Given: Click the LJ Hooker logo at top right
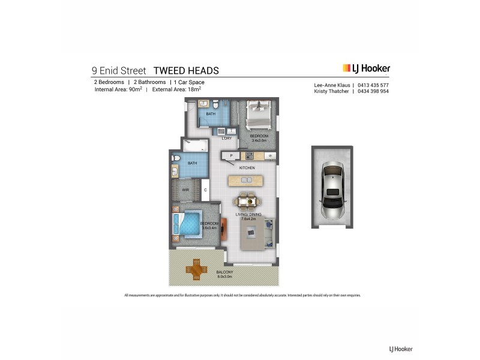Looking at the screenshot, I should (366, 68).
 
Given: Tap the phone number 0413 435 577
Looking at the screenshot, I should (374, 85).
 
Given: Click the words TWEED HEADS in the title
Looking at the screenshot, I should (186, 71).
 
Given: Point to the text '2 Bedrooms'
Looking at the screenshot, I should (108, 82).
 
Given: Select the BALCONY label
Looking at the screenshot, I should (225, 272).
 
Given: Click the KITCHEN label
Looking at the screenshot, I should (247, 167).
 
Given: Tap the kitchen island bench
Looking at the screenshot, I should (245, 180).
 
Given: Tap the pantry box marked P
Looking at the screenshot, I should (231, 156).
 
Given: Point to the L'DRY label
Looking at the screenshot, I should (226, 139).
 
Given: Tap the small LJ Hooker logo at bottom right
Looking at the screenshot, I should (401, 349).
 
